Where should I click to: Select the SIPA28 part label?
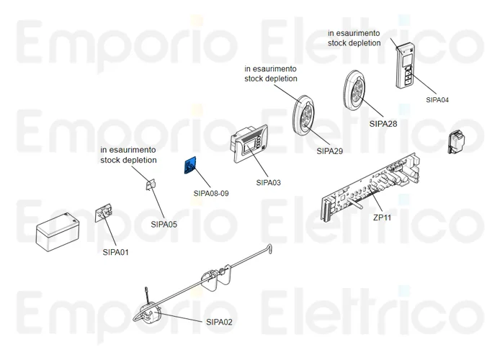(x=383, y=123)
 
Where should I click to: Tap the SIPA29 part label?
(x=331, y=151)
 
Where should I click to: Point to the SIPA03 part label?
(x=268, y=182)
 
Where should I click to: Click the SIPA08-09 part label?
(x=211, y=193)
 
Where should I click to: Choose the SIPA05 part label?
(x=164, y=224)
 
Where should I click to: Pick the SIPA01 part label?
(x=115, y=252)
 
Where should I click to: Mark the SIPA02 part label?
(x=219, y=322)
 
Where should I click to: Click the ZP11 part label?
(x=382, y=217)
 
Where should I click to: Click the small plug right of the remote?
(x=457, y=142)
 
